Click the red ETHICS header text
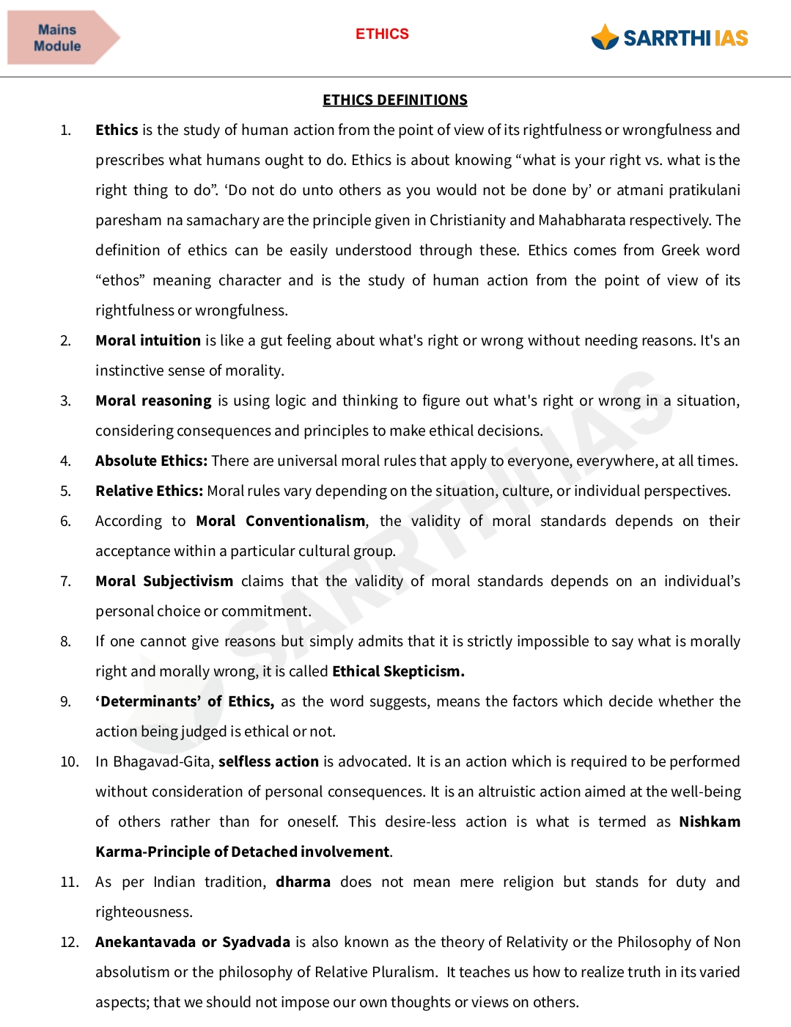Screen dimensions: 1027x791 (382, 34)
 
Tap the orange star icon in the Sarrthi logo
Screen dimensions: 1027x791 (605, 37)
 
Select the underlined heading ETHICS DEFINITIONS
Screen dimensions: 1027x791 (395, 100)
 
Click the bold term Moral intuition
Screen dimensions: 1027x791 (148, 340)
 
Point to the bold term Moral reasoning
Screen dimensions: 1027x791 (153, 401)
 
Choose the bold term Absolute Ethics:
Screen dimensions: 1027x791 (151, 461)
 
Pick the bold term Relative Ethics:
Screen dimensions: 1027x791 (149, 491)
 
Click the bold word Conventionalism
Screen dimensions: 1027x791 (306, 521)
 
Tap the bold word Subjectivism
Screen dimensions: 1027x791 (188, 581)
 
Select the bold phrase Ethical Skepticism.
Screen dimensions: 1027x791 (398, 671)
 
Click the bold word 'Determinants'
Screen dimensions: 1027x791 (147, 701)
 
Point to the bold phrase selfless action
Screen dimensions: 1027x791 (268, 761)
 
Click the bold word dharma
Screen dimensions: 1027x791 (303, 882)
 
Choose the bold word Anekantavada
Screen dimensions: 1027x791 (145, 942)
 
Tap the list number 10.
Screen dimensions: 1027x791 (70, 761)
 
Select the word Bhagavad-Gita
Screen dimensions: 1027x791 (162, 761)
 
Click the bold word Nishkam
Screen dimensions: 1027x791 (709, 822)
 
